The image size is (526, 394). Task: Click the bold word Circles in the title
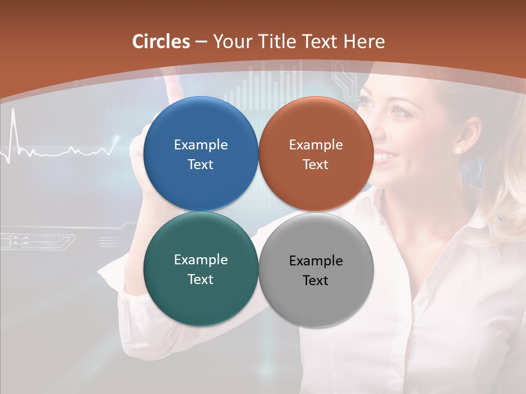[161, 42]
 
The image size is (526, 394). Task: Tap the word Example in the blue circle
[201, 144]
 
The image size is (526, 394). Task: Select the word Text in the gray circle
[316, 280]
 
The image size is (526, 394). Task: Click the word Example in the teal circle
[201, 259]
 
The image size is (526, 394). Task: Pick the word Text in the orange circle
[316, 164]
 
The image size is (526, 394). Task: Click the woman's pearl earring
[458, 149]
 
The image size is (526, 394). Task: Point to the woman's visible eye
[399, 111]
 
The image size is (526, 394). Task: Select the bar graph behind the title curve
[268, 85]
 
